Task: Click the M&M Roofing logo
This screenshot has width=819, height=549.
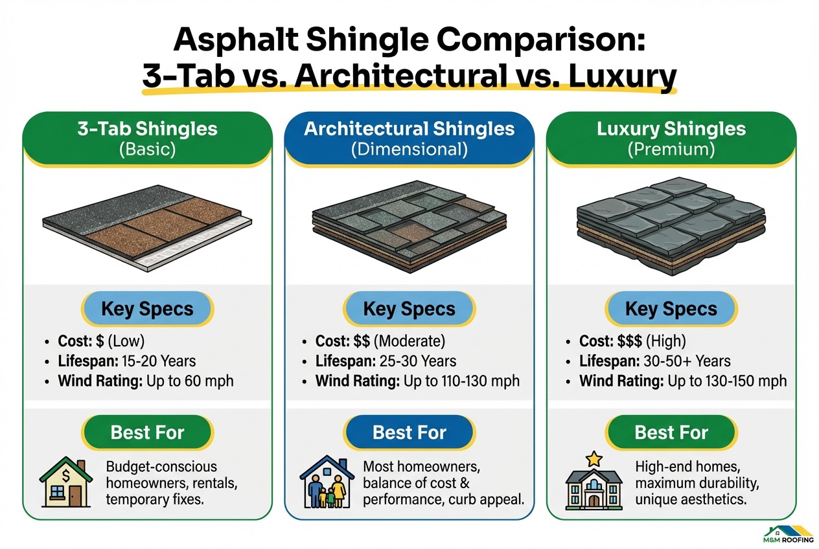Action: click(789, 533)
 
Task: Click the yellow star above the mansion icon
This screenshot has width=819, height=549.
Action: click(593, 459)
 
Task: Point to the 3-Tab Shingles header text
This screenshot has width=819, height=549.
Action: click(147, 128)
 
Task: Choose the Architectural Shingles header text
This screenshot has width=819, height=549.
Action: click(409, 128)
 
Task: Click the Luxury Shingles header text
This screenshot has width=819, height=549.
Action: click(671, 128)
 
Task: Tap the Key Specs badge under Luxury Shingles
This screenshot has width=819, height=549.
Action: click(671, 308)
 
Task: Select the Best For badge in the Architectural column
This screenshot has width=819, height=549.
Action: click(409, 432)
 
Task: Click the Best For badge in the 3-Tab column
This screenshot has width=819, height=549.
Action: click(148, 432)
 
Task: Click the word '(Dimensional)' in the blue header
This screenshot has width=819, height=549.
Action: click(409, 150)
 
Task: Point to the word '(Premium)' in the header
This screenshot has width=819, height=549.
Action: click(671, 150)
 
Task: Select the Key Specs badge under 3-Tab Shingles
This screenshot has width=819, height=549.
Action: click(148, 308)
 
